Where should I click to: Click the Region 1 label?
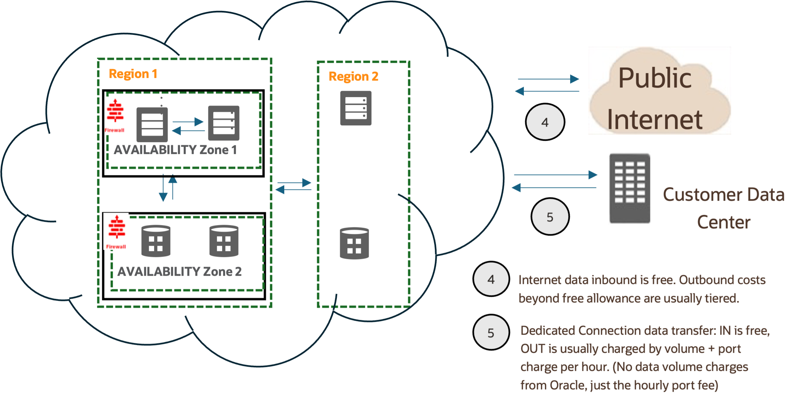tap(133, 74)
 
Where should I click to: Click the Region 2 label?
tap(354, 77)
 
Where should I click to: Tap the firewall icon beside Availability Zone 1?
tap(116, 115)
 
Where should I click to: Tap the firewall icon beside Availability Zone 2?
tap(116, 231)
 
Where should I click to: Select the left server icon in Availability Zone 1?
tap(152, 125)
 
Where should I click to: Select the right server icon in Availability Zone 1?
tap(224, 123)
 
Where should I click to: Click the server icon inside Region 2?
tap(356, 108)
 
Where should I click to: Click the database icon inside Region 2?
tap(354, 243)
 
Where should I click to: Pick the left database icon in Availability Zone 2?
tap(156, 241)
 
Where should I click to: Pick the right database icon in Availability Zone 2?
tap(224, 241)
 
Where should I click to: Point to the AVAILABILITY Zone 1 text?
tap(175, 150)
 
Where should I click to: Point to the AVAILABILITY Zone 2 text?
tap(179, 272)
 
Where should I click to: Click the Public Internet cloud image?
tap(659, 91)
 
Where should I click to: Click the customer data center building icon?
tap(629, 185)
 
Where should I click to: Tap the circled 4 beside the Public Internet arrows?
tap(545, 122)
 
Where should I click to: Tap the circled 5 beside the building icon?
tap(550, 217)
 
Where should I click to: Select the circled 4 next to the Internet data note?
tap(491, 279)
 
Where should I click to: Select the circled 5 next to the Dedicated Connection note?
tap(491, 333)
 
